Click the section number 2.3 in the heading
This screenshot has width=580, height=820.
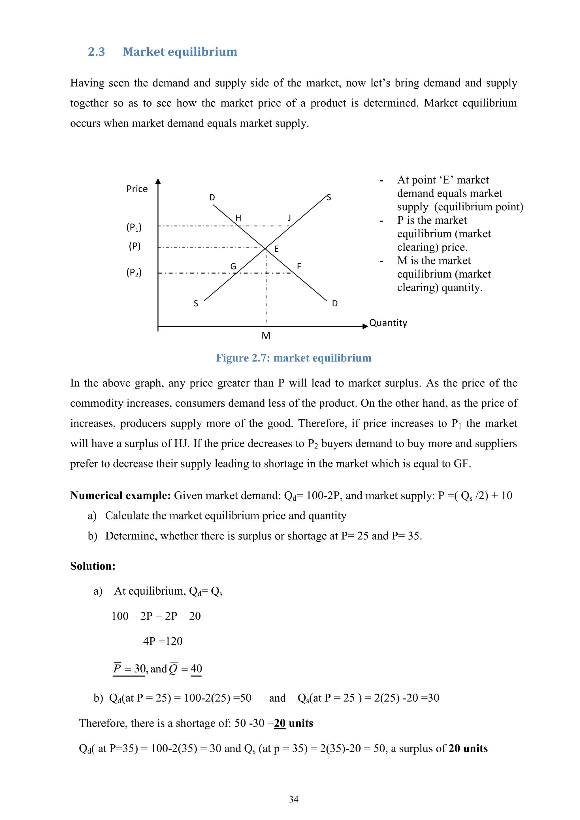96,52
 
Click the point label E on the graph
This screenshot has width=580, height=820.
276,249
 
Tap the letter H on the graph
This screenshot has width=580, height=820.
238,218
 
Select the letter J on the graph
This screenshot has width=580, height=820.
289,217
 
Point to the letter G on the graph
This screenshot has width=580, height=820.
233,266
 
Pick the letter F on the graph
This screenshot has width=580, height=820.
299,266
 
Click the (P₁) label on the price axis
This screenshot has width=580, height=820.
134,227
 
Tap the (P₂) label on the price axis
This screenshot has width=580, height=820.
134,272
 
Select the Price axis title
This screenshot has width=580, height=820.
137,189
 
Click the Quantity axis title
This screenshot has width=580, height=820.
388,323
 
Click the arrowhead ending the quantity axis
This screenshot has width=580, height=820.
365,326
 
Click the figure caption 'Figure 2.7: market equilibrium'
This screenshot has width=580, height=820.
294,358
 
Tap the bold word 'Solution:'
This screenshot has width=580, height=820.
93,566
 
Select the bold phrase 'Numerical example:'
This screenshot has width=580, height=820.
120,496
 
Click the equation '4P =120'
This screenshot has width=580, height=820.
163,641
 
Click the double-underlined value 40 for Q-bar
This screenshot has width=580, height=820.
197,669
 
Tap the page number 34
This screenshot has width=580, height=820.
294,799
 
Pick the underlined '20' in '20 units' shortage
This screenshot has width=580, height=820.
280,723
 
